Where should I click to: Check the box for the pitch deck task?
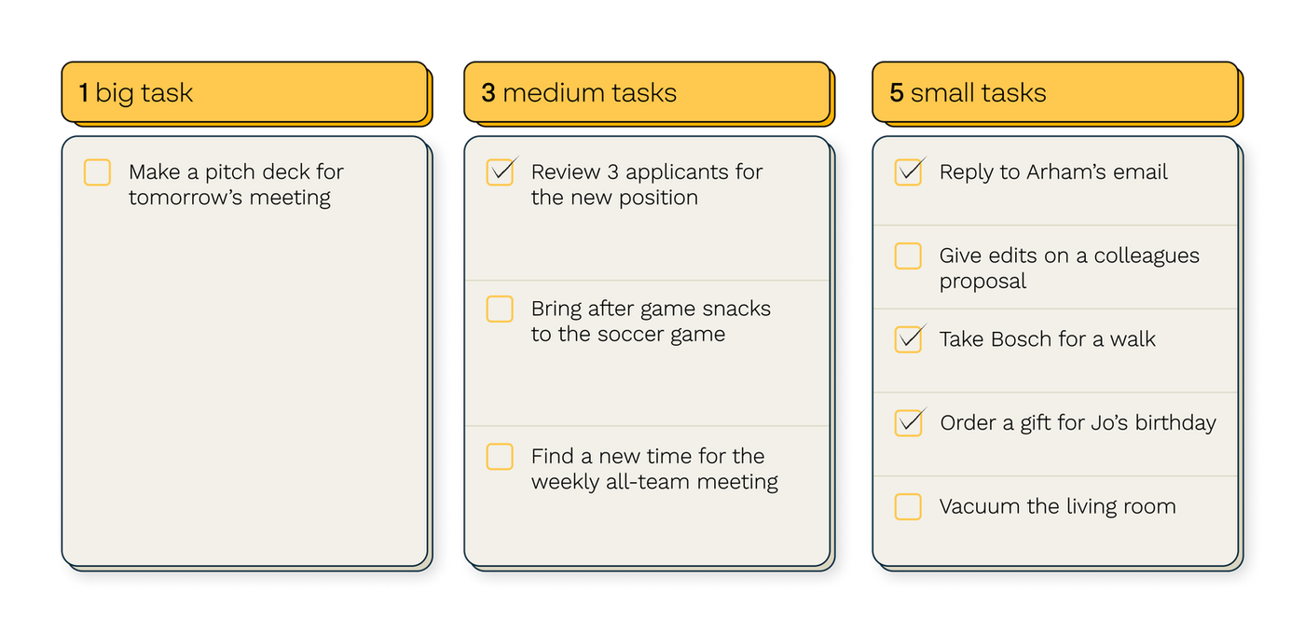(97, 172)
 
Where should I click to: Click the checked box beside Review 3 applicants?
(500, 172)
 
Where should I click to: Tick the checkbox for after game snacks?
(500, 309)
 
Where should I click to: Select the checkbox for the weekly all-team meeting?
(500, 457)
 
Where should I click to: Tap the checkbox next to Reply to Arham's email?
(908, 172)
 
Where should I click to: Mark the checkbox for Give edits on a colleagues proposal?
(908, 255)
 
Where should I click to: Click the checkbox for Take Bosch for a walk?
(908, 339)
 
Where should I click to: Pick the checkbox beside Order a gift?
(908, 422)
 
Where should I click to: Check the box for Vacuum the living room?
(908, 506)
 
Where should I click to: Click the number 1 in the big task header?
(84, 92)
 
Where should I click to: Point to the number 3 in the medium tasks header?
(488, 92)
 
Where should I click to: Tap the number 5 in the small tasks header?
(897, 92)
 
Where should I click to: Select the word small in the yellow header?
(941, 92)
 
